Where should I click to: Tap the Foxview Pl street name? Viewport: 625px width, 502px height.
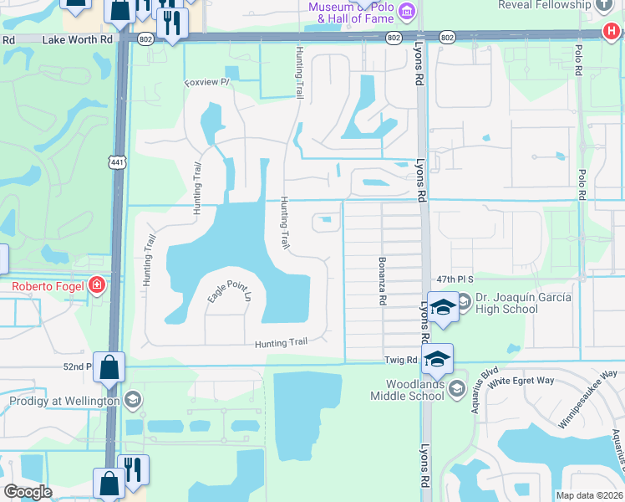(x=206, y=83)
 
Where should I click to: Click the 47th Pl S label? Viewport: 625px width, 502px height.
(x=454, y=279)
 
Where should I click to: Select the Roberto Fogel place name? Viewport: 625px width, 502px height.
(x=48, y=286)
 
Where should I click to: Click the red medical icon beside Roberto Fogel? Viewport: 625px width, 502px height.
(x=98, y=286)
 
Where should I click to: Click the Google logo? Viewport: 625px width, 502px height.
(x=28, y=491)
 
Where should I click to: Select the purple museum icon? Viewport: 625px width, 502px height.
(x=407, y=11)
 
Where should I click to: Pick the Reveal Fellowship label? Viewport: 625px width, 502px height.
(x=544, y=5)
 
